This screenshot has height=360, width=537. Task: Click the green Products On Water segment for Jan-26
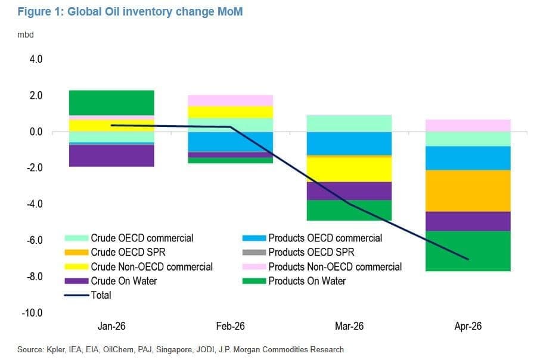pos(111,103)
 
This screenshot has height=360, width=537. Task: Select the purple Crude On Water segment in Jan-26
pos(111,156)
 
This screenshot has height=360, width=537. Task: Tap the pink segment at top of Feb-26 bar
pos(230,101)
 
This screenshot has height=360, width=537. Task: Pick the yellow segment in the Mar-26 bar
pos(349,169)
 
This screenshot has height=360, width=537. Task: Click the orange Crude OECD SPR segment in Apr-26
pos(468,191)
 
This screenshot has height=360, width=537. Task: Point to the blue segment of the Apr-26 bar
pos(468,159)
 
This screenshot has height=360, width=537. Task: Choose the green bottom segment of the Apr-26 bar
pos(468,251)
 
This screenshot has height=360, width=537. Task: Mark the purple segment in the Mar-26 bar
pos(349,191)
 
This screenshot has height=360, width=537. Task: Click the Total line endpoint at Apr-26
pos(468,259)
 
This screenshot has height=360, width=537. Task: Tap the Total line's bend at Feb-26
pos(231,127)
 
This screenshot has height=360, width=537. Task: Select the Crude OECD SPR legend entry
pos(114,253)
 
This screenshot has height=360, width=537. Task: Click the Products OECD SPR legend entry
pos(298,253)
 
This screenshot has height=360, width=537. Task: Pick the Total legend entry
pos(88,295)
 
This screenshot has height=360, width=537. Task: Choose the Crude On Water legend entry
pos(111,281)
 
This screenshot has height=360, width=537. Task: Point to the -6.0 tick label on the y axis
pos(35,240)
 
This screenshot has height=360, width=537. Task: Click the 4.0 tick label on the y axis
pos(36,59)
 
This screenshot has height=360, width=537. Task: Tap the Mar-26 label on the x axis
pos(349,326)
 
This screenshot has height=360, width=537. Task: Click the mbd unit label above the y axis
pos(26,35)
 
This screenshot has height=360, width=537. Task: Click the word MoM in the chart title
pos(230,11)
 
